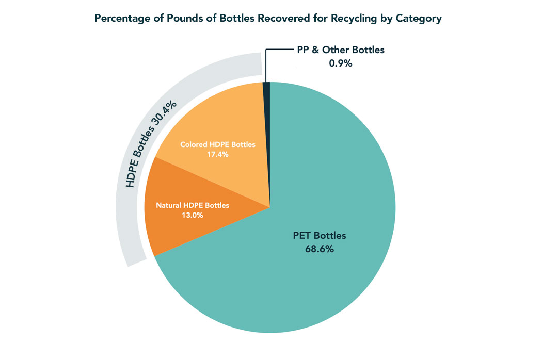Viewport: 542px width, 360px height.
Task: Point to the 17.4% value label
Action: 217,154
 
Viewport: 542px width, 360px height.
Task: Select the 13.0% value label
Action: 192,215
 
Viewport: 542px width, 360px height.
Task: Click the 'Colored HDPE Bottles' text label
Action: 217,144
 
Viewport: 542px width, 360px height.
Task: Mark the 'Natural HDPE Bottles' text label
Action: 192,205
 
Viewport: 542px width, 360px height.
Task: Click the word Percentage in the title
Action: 118,19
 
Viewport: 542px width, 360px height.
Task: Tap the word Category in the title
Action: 419,19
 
